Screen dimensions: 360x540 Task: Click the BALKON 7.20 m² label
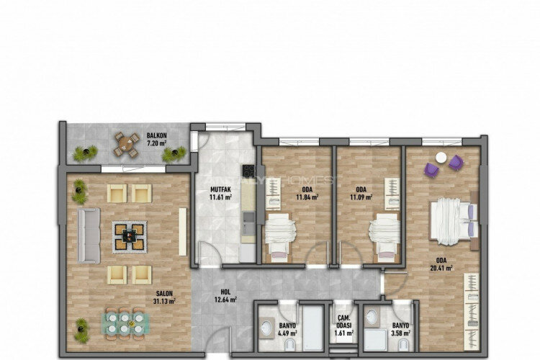(x=157, y=139)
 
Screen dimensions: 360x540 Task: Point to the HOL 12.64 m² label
(x=225, y=296)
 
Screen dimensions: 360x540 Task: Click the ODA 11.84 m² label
(x=307, y=193)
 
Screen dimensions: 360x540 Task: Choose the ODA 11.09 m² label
(x=361, y=193)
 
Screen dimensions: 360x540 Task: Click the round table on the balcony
(x=127, y=144)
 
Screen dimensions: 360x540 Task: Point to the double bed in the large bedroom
(x=452, y=220)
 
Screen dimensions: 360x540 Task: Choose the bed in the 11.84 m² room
(x=278, y=235)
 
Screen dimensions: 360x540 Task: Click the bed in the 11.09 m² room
(x=383, y=235)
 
